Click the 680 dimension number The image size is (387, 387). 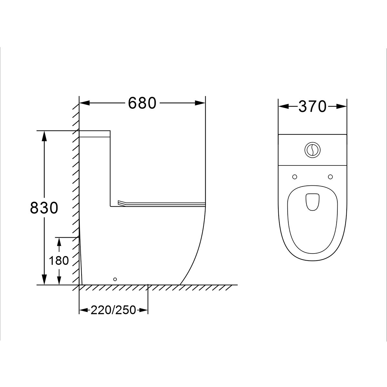(x=142, y=103)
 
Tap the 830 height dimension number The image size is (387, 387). (x=44, y=208)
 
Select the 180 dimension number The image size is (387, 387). (x=59, y=261)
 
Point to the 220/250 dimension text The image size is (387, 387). (x=113, y=310)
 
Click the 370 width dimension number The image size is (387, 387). (x=312, y=106)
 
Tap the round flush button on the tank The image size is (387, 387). (x=312, y=150)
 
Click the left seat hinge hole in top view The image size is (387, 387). (x=295, y=177)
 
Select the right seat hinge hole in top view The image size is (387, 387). (x=330, y=177)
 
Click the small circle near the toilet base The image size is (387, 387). (x=115, y=279)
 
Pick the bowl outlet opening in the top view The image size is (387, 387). (x=313, y=202)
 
